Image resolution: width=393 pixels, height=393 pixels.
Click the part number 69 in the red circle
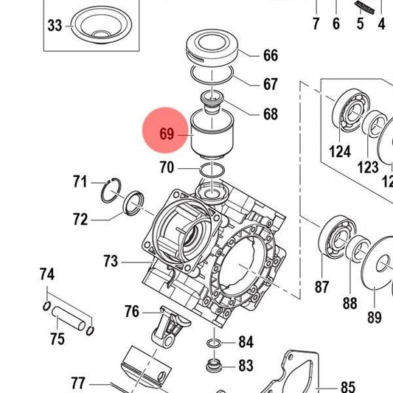(167, 133)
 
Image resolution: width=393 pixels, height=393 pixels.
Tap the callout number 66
(271, 55)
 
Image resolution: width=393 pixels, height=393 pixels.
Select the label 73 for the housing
(111, 261)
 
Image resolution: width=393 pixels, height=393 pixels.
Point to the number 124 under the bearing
(340, 152)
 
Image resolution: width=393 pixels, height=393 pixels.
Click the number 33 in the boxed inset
(55, 26)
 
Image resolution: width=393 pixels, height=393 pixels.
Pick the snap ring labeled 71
(111, 190)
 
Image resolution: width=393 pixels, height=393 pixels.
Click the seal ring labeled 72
(133, 203)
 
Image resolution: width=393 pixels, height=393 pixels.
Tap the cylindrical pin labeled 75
(69, 318)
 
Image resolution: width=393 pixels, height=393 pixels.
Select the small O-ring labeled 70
(212, 170)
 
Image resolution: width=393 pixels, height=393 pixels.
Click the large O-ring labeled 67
(212, 74)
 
